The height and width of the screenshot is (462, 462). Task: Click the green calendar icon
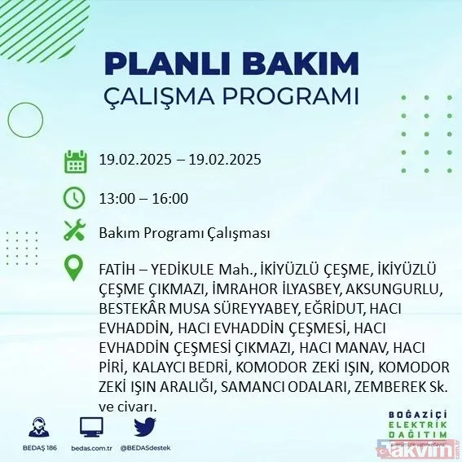coord(75,161)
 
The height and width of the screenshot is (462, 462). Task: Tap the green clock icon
coord(75,198)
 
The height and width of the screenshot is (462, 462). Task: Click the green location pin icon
coord(75,268)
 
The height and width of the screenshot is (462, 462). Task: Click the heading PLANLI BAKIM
coord(231,64)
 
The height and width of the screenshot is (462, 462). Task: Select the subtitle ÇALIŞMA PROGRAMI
coord(231,95)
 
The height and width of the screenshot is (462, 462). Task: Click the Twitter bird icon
coord(144,427)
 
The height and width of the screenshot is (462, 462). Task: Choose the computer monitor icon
coord(92,427)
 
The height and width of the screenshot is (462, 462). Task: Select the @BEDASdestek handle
coord(144,447)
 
